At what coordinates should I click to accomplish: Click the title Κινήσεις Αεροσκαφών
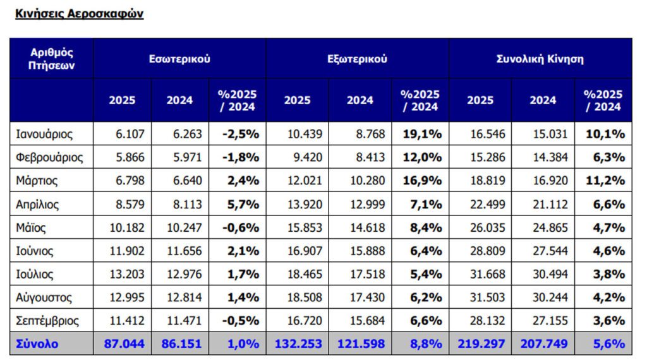pyautogui.click(x=79, y=14)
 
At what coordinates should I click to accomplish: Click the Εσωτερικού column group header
pyautogui.click(x=179, y=59)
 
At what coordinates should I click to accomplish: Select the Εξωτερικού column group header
pyautogui.click(x=357, y=59)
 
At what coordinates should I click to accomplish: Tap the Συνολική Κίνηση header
pyautogui.click(x=540, y=59)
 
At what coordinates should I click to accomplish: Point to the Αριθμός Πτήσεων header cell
pyautogui.click(x=51, y=59)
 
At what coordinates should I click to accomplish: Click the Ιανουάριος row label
pyautogui.click(x=44, y=134)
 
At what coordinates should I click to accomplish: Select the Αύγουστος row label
pyautogui.click(x=44, y=297)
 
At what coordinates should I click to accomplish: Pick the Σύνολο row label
pyautogui.click(x=37, y=344)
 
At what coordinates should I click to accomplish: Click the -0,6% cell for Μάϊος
pyautogui.click(x=240, y=227)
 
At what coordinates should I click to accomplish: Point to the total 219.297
pyautogui.click(x=480, y=344)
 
